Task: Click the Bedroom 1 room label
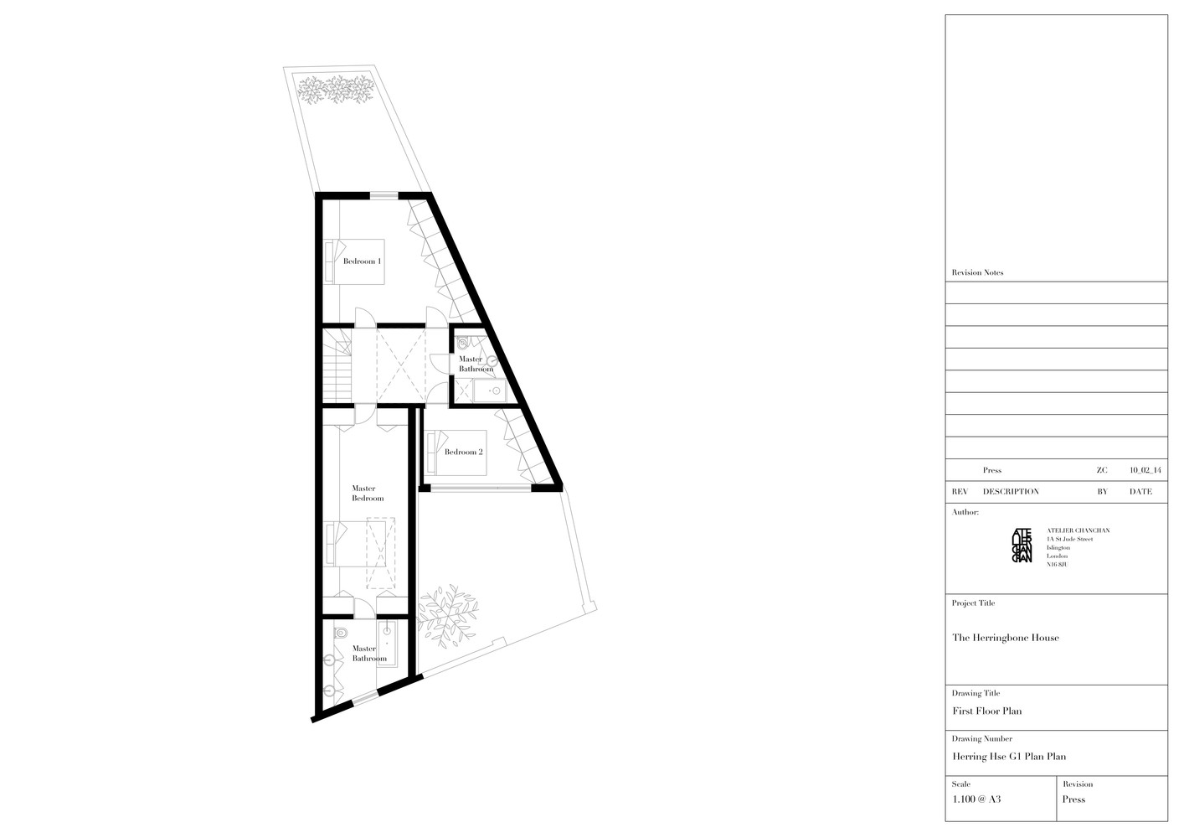pyautogui.click(x=362, y=261)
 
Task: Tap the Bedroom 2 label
pyautogui.click(x=463, y=453)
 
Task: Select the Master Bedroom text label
pyautogui.click(x=368, y=494)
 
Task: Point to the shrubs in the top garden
pyautogui.click(x=336, y=88)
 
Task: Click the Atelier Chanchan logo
pyautogui.click(x=1022, y=545)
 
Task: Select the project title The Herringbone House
pyautogui.click(x=1005, y=638)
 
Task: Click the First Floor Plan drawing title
pyautogui.click(x=986, y=711)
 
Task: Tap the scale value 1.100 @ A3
pyautogui.click(x=976, y=799)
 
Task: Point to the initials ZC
pyautogui.click(x=1101, y=471)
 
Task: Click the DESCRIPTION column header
pyautogui.click(x=1011, y=492)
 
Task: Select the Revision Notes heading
pyautogui.click(x=977, y=273)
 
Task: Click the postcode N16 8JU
pyautogui.click(x=1058, y=565)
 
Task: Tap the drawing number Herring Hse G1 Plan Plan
pyautogui.click(x=1009, y=757)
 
